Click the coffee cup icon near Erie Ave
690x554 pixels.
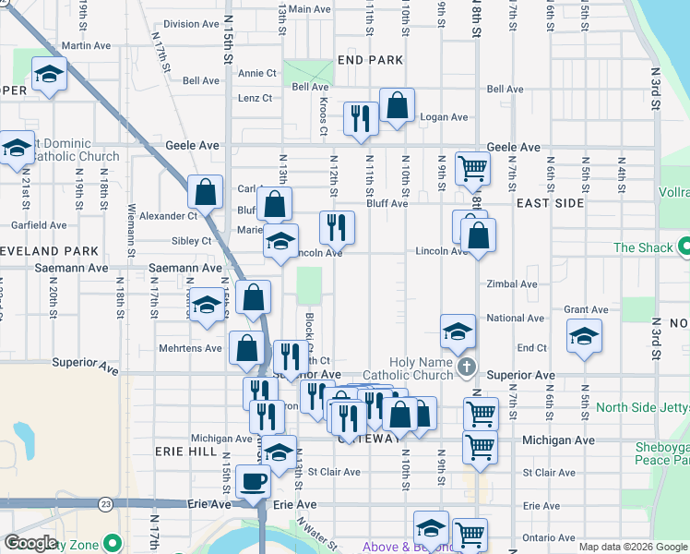pyautogui.click(x=254, y=480)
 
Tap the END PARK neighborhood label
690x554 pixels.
pyautogui.click(x=370, y=59)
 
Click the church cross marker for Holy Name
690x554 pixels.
pyautogui.click(x=467, y=368)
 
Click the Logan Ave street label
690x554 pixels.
pyautogui.click(x=445, y=117)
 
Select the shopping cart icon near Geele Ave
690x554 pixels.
pyautogui.click(x=471, y=169)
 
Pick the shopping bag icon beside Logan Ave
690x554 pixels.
pyautogui.click(x=398, y=105)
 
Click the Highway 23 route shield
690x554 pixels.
pyautogui.click(x=106, y=504)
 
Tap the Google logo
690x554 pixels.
pyautogui.click(x=30, y=543)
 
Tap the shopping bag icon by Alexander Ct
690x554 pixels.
pyautogui.click(x=205, y=193)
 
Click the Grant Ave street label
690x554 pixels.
pyautogui.click(x=586, y=310)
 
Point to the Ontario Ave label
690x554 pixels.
pyautogui.click(x=548, y=537)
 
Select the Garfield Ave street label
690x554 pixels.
pyautogui.click(x=39, y=224)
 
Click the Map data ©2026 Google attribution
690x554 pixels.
pyautogui.click(x=632, y=547)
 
